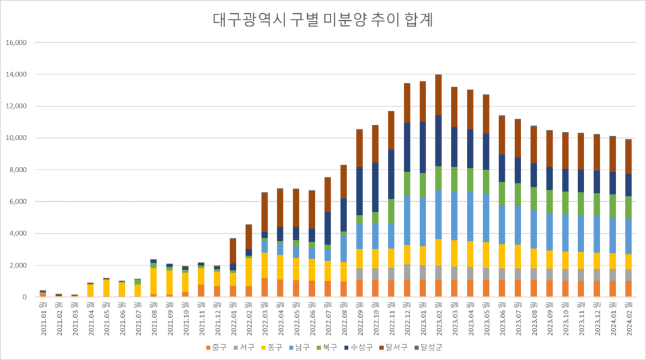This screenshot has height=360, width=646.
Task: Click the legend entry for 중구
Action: click(217, 347)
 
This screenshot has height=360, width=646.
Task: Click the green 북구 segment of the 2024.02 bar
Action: click(628, 207)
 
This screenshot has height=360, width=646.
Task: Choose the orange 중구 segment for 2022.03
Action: click(264, 287)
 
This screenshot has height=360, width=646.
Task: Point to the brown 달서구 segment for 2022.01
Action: click(233, 251)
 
